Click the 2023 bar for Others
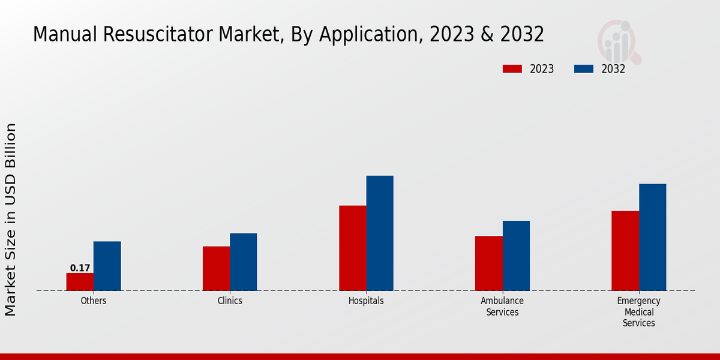coord(80,282)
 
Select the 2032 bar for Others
coord(107,266)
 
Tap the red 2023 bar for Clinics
coord(216,268)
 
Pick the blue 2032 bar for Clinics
coord(243,262)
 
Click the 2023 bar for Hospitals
coord(352,248)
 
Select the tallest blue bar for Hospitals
coord(380,233)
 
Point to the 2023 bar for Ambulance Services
coord(488,263)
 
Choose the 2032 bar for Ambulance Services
coord(516,256)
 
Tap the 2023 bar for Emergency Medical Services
coord(625,251)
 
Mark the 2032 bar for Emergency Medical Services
coord(652,237)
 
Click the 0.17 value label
coord(80,268)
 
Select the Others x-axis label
coord(94,301)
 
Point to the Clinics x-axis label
coord(230,301)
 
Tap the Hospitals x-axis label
coord(366,301)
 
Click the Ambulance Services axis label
coord(502,307)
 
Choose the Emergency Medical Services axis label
coord(638,312)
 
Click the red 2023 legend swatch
coord(512,69)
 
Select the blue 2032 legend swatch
coord(583,69)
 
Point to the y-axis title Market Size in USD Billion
coord(11,219)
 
